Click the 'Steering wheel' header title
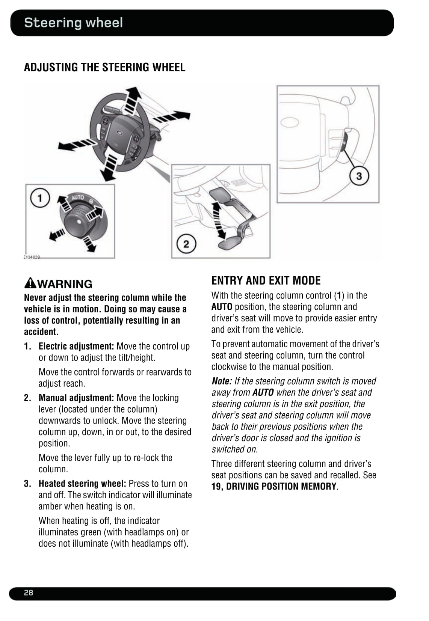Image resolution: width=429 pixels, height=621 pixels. [73, 23]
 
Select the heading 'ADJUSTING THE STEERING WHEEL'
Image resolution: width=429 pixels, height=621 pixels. [104, 67]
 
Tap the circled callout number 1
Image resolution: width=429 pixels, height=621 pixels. [40, 197]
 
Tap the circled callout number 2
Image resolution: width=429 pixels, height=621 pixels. [186, 244]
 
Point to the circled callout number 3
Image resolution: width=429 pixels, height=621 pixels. [359, 176]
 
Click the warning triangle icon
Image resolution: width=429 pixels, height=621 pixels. [30, 283]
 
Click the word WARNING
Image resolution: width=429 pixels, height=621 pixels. [65, 284]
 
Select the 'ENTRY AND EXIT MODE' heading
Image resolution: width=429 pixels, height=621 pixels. [266, 280]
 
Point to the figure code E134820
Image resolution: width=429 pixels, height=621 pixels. [32, 257]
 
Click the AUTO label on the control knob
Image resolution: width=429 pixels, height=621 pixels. [78, 197]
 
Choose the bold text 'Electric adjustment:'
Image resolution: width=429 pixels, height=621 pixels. [76, 346]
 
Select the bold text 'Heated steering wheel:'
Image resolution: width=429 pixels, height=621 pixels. [82, 484]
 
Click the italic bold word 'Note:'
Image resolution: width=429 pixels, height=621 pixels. [221, 381]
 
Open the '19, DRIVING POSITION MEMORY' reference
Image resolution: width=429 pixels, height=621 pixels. [274, 487]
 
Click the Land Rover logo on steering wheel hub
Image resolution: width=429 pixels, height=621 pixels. [119, 133]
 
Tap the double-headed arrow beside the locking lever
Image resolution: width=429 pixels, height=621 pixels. [218, 220]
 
